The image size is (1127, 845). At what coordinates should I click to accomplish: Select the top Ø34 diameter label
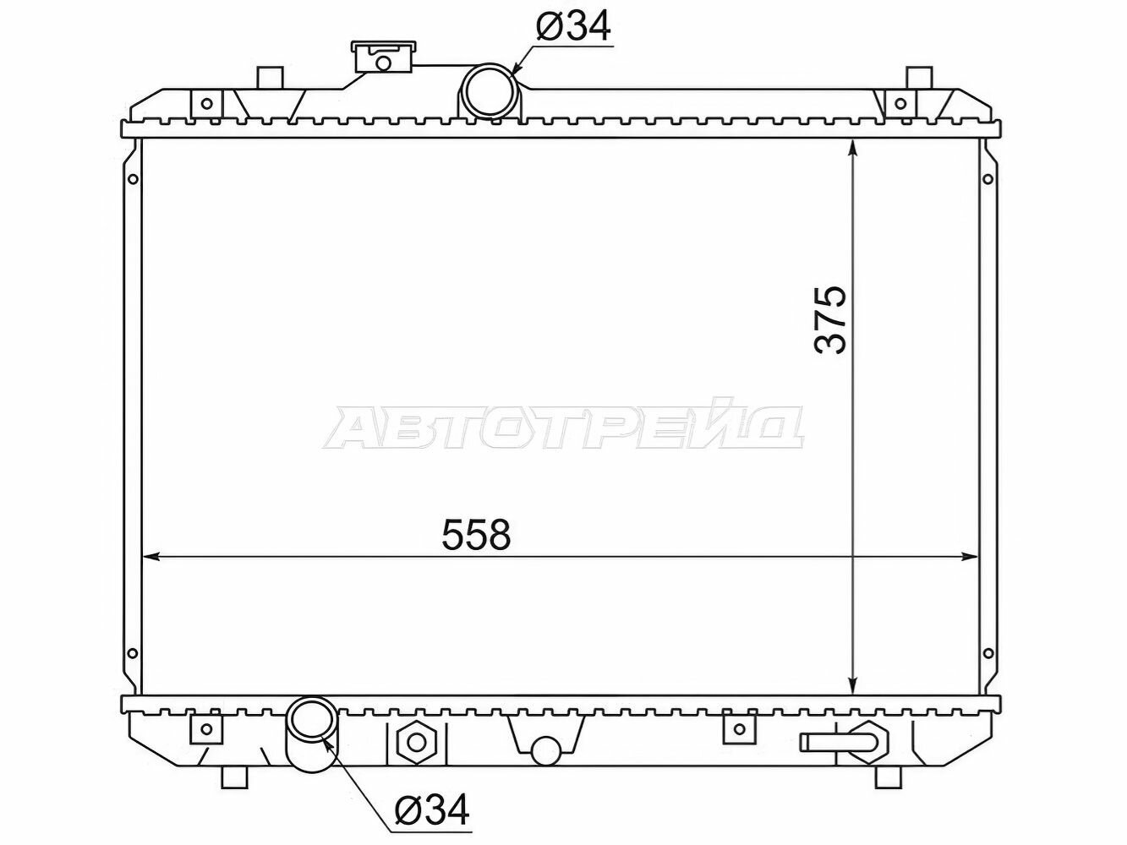tap(573, 25)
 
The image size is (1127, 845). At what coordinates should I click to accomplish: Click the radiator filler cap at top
tap(382, 57)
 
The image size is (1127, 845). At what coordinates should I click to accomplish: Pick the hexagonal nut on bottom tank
tap(417, 742)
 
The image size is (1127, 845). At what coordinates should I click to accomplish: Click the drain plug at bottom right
tap(846, 741)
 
